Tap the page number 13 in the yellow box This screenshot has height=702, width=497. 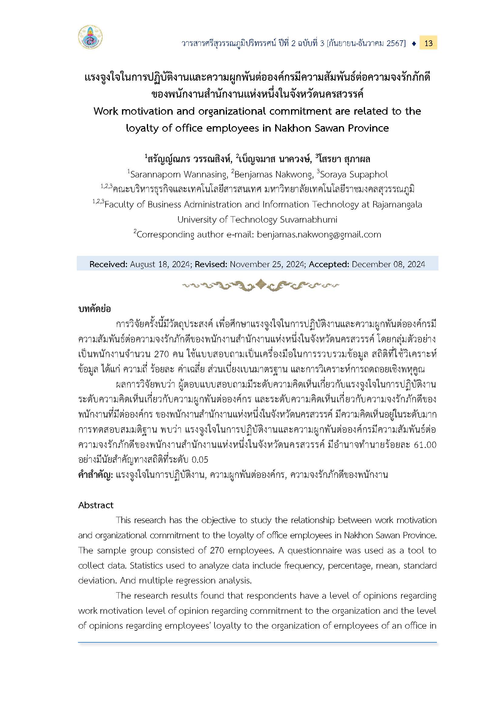pos(428,43)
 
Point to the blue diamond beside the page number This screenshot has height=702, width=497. pos(414,43)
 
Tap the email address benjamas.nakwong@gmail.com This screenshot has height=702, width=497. pos(319,234)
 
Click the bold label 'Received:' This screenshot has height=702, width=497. pos(108,264)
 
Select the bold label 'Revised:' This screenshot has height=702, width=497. pos(211,264)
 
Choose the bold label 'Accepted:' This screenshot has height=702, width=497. pos(329,264)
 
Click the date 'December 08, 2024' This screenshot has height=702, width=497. pos(388,264)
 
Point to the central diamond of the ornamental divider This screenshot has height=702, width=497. pos(260,284)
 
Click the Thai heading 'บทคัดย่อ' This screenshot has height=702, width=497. pos(95,309)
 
